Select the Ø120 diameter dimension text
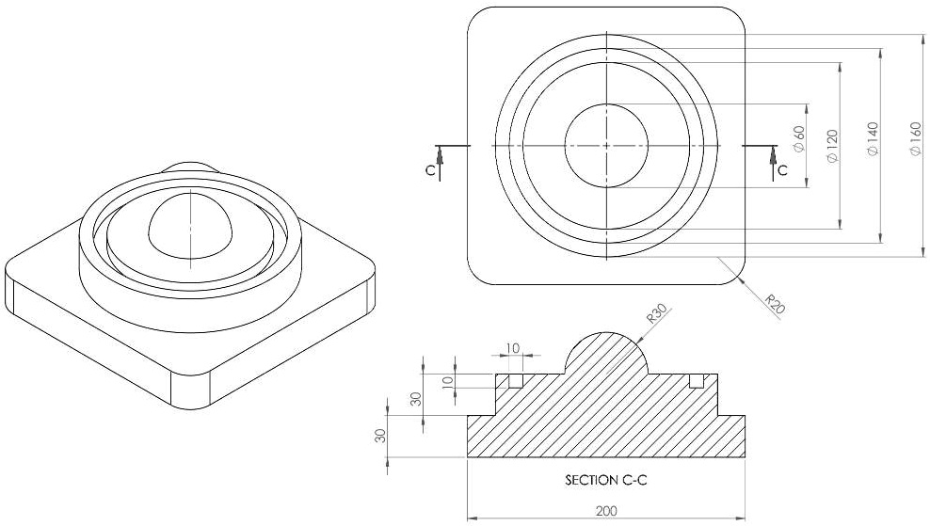tap(831, 146)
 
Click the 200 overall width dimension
tap(606, 509)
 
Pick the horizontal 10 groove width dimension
tap(512, 348)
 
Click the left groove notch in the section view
tap(515, 381)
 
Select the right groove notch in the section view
tap(697, 381)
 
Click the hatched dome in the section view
tap(606, 355)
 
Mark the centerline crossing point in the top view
tap(607, 146)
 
